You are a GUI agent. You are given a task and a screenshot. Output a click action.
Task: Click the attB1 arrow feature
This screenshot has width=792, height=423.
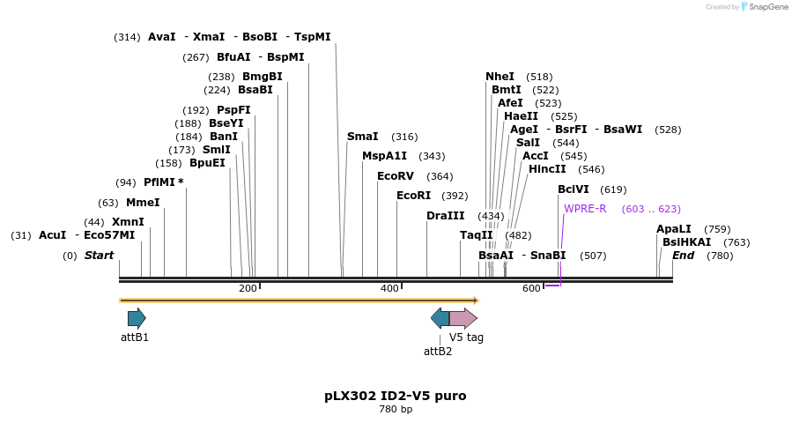(137, 318)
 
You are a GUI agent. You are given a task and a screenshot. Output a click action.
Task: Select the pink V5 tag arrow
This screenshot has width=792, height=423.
(463, 318)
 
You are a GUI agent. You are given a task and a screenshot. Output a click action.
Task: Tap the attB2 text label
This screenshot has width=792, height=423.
(438, 352)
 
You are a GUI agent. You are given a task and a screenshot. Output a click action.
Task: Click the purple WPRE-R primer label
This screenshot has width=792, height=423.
(585, 209)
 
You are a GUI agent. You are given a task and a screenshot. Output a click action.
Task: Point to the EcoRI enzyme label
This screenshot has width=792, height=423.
(413, 196)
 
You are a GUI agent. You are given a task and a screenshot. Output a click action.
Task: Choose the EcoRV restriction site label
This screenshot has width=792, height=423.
(395, 176)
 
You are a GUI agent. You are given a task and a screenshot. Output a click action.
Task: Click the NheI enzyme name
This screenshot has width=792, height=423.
(500, 77)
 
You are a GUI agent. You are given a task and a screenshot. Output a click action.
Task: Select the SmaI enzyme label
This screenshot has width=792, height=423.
(362, 137)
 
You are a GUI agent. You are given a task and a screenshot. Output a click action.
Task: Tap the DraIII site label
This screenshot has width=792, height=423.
(445, 216)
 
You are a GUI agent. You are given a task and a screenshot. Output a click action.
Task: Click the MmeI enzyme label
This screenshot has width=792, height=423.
(143, 203)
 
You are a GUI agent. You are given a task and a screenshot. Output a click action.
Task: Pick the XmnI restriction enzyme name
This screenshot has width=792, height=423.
(128, 222)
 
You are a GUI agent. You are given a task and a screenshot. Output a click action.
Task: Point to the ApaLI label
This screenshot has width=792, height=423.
(674, 229)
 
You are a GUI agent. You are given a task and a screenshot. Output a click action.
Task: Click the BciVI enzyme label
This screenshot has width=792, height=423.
(574, 189)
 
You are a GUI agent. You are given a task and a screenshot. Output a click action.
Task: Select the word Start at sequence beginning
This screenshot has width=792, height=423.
(99, 256)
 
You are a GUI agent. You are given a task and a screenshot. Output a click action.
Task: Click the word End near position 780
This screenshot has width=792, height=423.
(684, 256)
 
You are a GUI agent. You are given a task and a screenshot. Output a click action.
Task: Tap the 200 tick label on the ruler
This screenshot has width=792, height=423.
(248, 288)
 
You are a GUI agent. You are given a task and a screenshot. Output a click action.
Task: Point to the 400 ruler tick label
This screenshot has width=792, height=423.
(389, 288)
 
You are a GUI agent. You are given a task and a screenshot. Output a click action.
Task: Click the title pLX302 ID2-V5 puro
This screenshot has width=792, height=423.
(396, 396)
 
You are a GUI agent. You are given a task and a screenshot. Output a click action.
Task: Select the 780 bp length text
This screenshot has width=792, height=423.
(396, 410)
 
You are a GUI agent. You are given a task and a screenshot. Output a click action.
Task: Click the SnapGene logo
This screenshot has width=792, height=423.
(765, 7)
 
